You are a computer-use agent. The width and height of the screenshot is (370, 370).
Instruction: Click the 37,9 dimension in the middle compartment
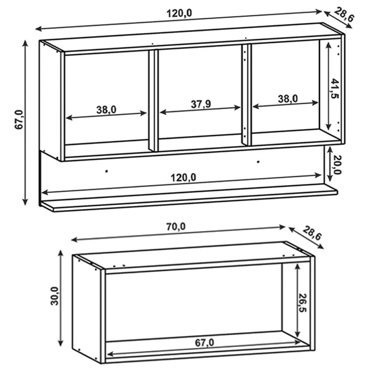[201, 104]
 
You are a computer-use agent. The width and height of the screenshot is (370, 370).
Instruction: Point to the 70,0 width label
[176, 227]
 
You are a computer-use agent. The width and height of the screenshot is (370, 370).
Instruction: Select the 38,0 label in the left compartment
[106, 110]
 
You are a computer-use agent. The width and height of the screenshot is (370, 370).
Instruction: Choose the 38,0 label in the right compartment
[288, 99]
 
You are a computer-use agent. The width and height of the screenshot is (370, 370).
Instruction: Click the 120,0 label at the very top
[179, 13]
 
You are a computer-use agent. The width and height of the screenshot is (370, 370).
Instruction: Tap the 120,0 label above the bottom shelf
[183, 178]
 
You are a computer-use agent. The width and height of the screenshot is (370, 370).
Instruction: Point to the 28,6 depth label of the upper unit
[344, 15]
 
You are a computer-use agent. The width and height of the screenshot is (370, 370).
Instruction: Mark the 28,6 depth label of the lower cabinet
[312, 233]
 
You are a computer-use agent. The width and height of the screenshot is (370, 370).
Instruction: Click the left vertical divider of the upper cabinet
[154, 100]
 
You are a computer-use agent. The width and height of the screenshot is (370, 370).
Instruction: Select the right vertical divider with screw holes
[246, 95]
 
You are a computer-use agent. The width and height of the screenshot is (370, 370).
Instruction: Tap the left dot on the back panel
[106, 171]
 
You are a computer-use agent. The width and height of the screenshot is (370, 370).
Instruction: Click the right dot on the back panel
[258, 162]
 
